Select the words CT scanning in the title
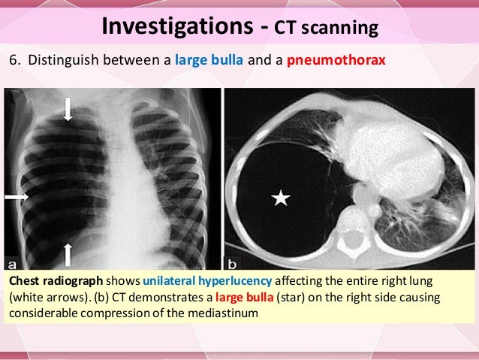(x=325, y=29)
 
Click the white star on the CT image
(x=280, y=198)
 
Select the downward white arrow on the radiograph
(x=68, y=110)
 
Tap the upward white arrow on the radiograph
(x=68, y=254)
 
